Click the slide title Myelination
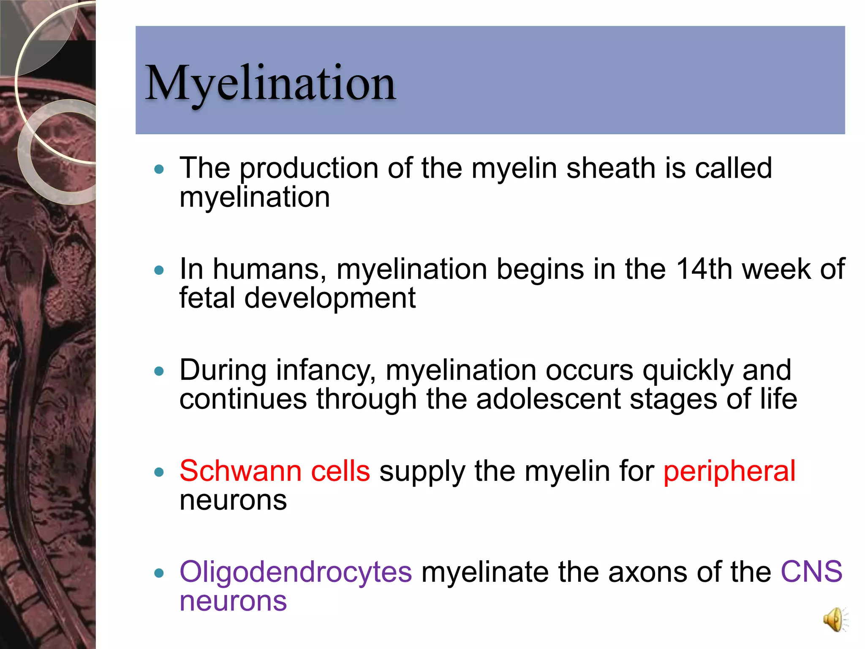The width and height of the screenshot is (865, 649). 270,83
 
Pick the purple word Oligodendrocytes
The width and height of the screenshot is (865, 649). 296,572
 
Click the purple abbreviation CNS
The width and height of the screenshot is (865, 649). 811,572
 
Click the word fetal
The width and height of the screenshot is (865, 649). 207,298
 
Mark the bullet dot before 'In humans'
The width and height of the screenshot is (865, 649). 159,270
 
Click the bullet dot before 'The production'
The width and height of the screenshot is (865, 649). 159,169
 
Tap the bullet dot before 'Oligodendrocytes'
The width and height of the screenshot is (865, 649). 159,573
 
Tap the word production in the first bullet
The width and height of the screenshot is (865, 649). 309,169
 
